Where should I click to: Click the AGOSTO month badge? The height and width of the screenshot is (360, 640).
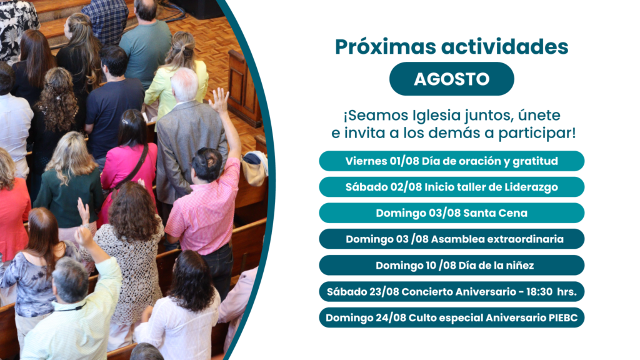(x=451, y=79)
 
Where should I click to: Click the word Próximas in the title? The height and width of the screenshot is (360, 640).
(x=385, y=47)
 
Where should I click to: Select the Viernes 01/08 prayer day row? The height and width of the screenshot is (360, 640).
(x=451, y=161)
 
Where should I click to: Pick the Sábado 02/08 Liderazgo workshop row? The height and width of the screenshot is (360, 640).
(x=451, y=187)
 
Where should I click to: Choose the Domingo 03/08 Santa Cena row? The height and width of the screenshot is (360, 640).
(x=451, y=213)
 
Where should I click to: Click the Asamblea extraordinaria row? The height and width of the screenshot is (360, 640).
(x=451, y=239)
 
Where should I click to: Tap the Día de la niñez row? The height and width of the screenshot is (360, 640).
(x=451, y=265)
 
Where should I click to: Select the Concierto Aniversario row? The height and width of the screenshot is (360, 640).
(x=451, y=291)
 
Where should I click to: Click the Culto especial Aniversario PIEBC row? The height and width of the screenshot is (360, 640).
(x=451, y=317)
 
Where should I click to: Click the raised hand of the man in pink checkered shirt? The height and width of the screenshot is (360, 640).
(x=219, y=101)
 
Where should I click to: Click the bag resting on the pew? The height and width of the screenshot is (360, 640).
(x=255, y=167)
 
